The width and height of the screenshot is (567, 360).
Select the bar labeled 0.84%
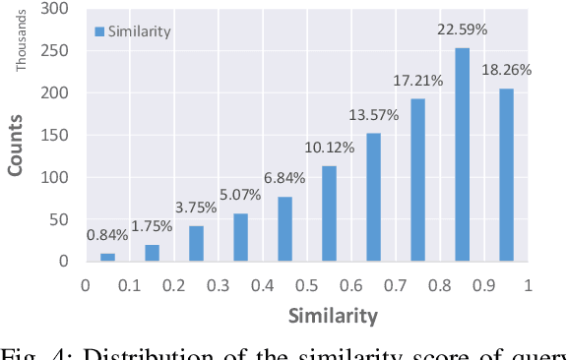(107, 257)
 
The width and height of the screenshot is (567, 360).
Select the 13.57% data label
(373, 116)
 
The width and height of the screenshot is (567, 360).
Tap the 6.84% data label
(284, 178)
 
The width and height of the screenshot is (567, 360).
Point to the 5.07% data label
(241, 196)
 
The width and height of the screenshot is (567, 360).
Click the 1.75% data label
(152, 225)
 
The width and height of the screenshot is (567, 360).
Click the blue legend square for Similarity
(99, 31)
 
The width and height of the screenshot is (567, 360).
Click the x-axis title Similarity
(333, 316)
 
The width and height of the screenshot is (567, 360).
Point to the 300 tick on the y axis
(55, 9)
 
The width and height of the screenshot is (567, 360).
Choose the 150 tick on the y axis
(55, 135)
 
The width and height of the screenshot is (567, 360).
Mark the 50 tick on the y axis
(59, 219)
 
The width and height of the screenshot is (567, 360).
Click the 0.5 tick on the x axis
(307, 285)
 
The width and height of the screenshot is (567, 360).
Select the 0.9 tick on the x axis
(483, 285)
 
